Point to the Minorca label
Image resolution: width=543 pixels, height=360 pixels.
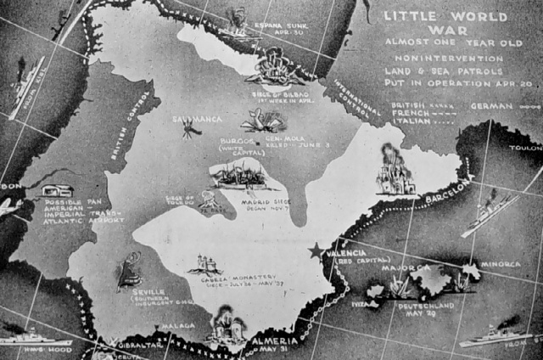click(501, 264)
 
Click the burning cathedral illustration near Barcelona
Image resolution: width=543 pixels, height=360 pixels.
click(395, 172)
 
